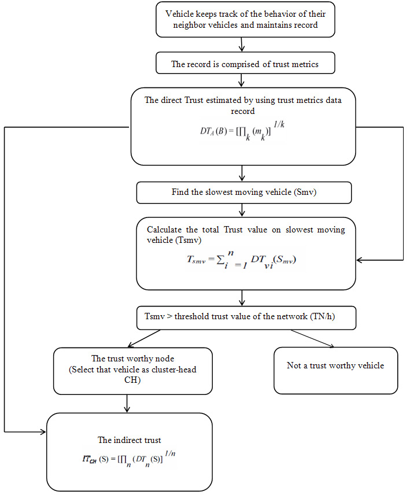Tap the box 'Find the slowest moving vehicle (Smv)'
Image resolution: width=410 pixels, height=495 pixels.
point(243,193)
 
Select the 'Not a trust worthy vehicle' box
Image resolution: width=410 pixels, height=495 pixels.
point(335,366)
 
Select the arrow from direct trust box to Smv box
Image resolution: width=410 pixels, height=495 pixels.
point(242,174)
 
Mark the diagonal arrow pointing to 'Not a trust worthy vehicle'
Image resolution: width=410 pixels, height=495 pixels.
point(312,338)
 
